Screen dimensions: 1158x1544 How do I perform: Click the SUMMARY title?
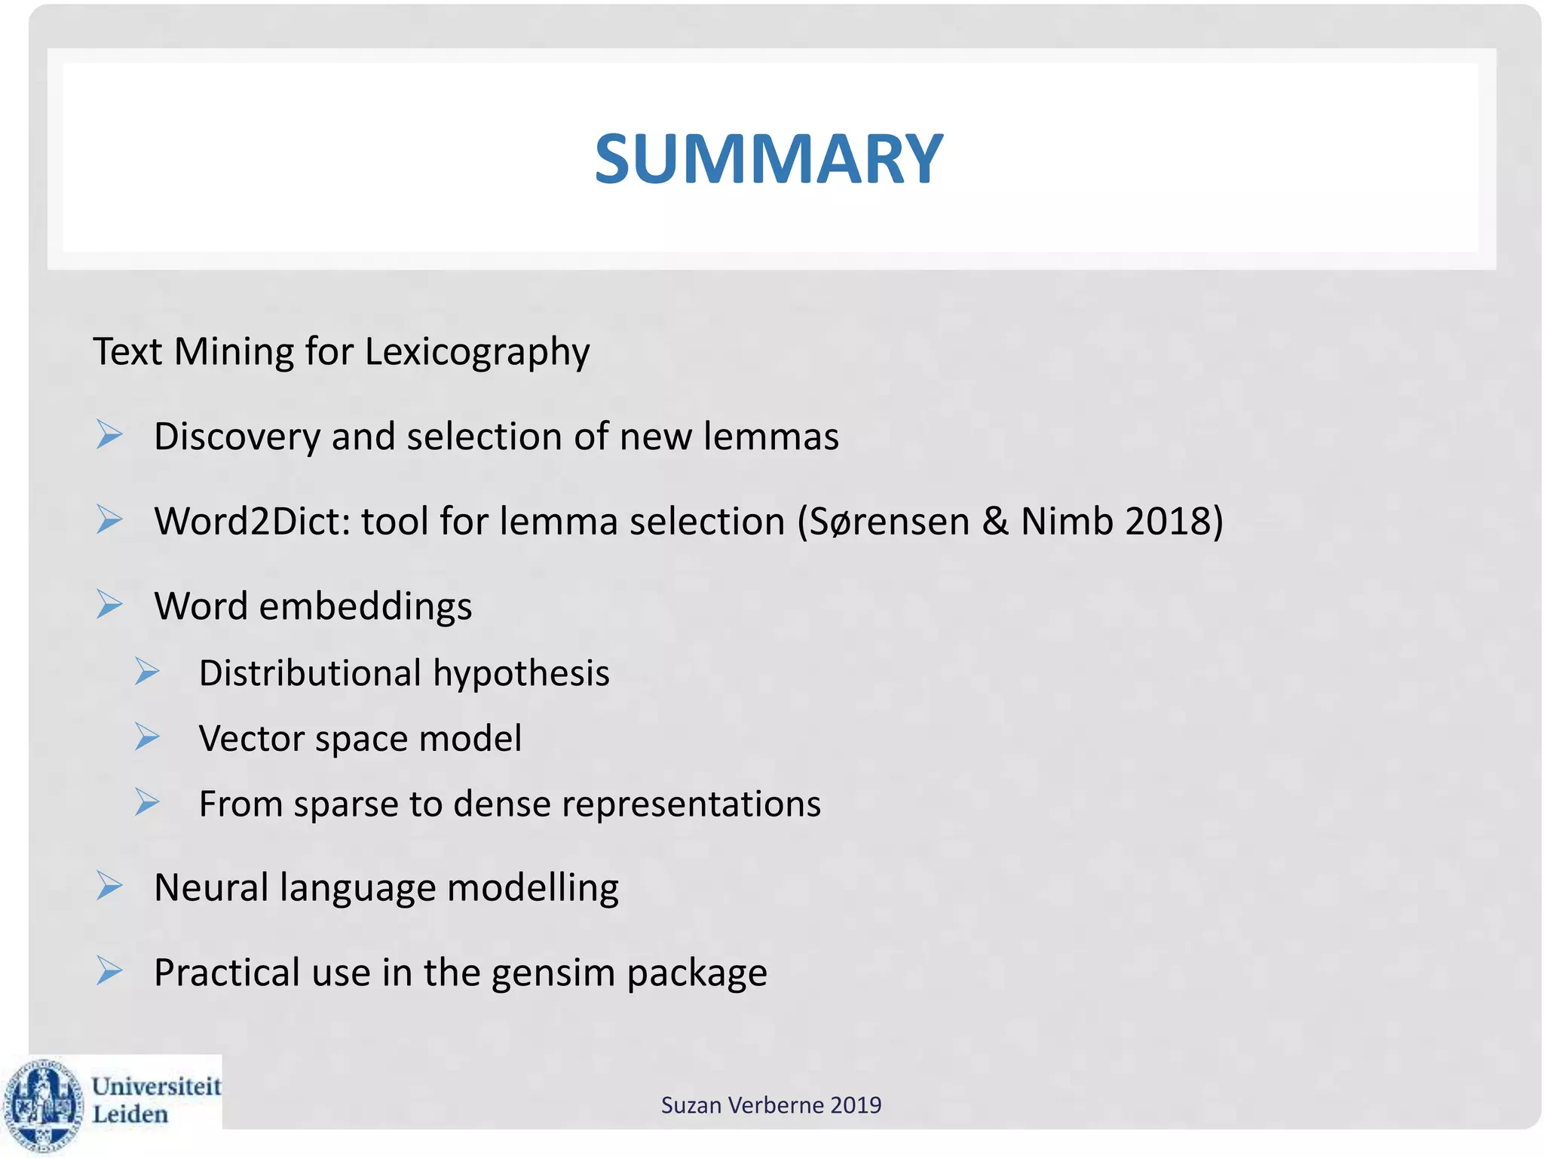768,159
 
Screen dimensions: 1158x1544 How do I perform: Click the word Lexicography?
477,352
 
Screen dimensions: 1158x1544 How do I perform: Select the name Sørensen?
889,521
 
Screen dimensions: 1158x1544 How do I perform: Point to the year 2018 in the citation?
1167,521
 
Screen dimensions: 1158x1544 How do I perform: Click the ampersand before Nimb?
995,521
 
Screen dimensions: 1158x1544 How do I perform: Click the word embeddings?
366,607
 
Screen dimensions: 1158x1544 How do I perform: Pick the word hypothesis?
521,673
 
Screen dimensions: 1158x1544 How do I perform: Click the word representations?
691,804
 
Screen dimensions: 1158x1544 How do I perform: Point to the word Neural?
211,887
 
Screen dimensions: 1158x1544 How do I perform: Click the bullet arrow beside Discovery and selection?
109,435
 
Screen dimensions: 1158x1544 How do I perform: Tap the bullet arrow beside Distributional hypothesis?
147,671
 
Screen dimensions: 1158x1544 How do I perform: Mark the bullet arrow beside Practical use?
109,971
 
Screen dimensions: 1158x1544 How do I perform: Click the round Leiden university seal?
44,1105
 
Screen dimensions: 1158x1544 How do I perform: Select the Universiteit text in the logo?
156,1086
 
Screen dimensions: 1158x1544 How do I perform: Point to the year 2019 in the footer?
856,1105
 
